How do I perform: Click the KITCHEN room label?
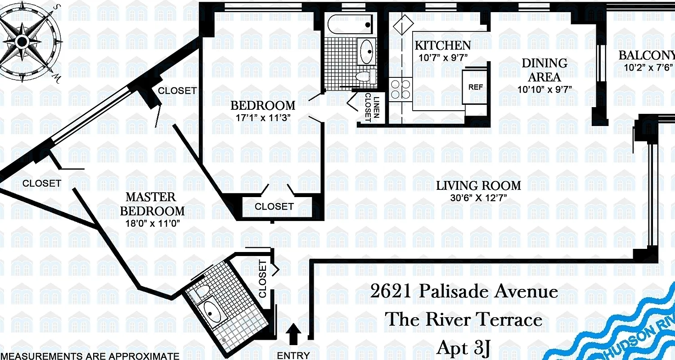pyautogui.click(x=442, y=45)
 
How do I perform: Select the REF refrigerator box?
pyautogui.click(x=475, y=87)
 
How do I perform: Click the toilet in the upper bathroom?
pyautogui.click(x=367, y=76)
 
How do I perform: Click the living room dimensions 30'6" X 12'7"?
pyautogui.click(x=478, y=198)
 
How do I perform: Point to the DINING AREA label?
pyautogui.click(x=544, y=70)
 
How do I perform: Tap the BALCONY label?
pyautogui.click(x=646, y=55)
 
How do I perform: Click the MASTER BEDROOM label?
pyautogui.click(x=151, y=204)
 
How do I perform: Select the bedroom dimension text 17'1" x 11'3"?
pyautogui.click(x=263, y=118)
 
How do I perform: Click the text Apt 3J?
pyautogui.click(x=463, y=348)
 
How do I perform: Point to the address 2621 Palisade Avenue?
pyautogui.click(x=463, y=292)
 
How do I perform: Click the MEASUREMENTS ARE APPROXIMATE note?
pyautogui.click(x=90, y=356)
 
